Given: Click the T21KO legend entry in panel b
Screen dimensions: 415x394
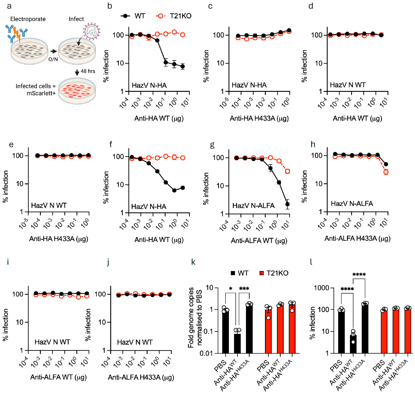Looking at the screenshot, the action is tap(174, 16).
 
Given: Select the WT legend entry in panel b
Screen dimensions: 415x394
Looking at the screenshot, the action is tap(133, 16).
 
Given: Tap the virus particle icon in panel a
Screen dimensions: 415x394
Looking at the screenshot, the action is tap(92, 31).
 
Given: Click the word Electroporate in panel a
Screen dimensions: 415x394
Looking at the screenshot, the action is tap(28, 19).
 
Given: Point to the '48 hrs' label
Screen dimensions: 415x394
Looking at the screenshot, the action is tap(88, 71).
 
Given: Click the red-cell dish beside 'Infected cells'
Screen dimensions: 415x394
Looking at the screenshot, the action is tap(77, 91).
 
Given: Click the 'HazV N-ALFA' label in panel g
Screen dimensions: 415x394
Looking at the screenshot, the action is tap(253, 205).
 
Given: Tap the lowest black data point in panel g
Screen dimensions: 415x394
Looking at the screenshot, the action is tap(287, 204).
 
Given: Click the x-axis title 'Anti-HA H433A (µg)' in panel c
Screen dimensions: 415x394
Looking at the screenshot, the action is tap(259, 119).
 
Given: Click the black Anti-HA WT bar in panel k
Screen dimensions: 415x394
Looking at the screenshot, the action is tap(237, 343).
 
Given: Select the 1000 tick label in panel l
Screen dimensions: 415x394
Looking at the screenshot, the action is tap(322, 288).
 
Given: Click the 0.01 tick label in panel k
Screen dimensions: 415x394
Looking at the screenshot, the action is tap(206, 353).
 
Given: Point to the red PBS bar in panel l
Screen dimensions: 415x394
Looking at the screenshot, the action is tap(384, 332).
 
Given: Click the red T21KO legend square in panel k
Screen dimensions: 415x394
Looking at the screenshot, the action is tap(261, 273).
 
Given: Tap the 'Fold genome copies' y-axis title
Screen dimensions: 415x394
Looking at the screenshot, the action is tap(191, 317).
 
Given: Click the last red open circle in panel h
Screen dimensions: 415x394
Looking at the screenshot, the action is tap(386, 172).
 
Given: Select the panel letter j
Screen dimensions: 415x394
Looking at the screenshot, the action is tap(108, 262).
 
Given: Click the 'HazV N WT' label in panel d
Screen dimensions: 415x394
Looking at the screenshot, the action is tap(348, 85).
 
